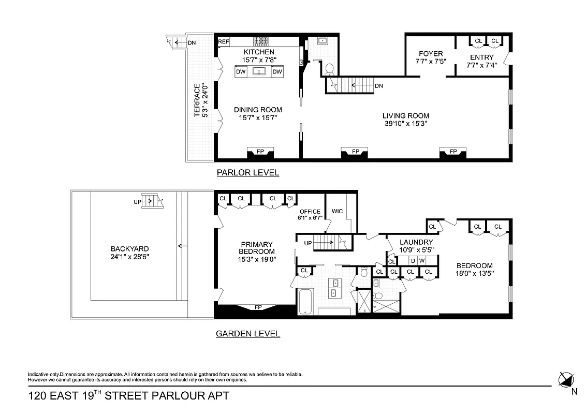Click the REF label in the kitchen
point(224,41)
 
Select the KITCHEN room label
point(259,52)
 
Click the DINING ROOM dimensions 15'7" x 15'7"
point(258,118)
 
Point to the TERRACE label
point(197,100)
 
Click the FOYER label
point(431,54)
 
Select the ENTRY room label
point(481,57)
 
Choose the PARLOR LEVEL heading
point(247,173)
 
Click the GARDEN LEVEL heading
point(247,334)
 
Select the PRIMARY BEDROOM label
point(256,248)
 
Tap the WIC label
point(337,211)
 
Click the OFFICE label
point(310,212)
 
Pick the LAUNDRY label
point(416,242)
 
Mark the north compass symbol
point(566,380)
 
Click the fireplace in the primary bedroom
point(258,308)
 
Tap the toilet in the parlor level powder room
point(329,69)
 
